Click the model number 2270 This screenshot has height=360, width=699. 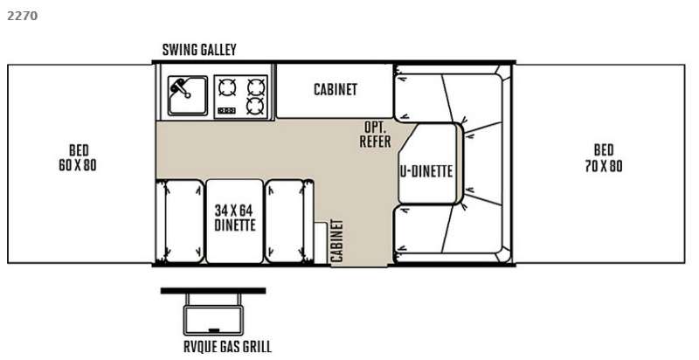tap(23, 16)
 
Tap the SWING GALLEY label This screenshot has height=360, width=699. tap(199, 50)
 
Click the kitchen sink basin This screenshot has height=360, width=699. tap(188, 95)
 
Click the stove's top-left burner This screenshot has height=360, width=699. tap(227, 87)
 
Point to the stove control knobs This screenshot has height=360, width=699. tap(226, 110)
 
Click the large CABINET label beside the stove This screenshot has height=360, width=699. tap(336, 89)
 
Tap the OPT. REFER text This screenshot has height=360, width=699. tap(375, 134)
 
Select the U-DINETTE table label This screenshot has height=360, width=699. tap(426, 171)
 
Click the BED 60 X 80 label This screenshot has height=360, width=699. tap(78, 158)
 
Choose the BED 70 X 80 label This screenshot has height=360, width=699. tap(603, 158)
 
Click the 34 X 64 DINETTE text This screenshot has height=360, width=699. tap(235, 218)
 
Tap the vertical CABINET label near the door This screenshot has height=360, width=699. tap(337, 240)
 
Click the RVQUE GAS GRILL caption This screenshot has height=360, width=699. tap(227, 347)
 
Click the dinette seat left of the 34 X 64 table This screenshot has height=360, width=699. tap(180, 221)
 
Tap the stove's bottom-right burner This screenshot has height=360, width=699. tap(256, 106)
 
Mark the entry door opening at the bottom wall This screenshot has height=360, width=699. tap(359, 265)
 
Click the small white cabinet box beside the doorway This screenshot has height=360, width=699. tap(321, 243)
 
